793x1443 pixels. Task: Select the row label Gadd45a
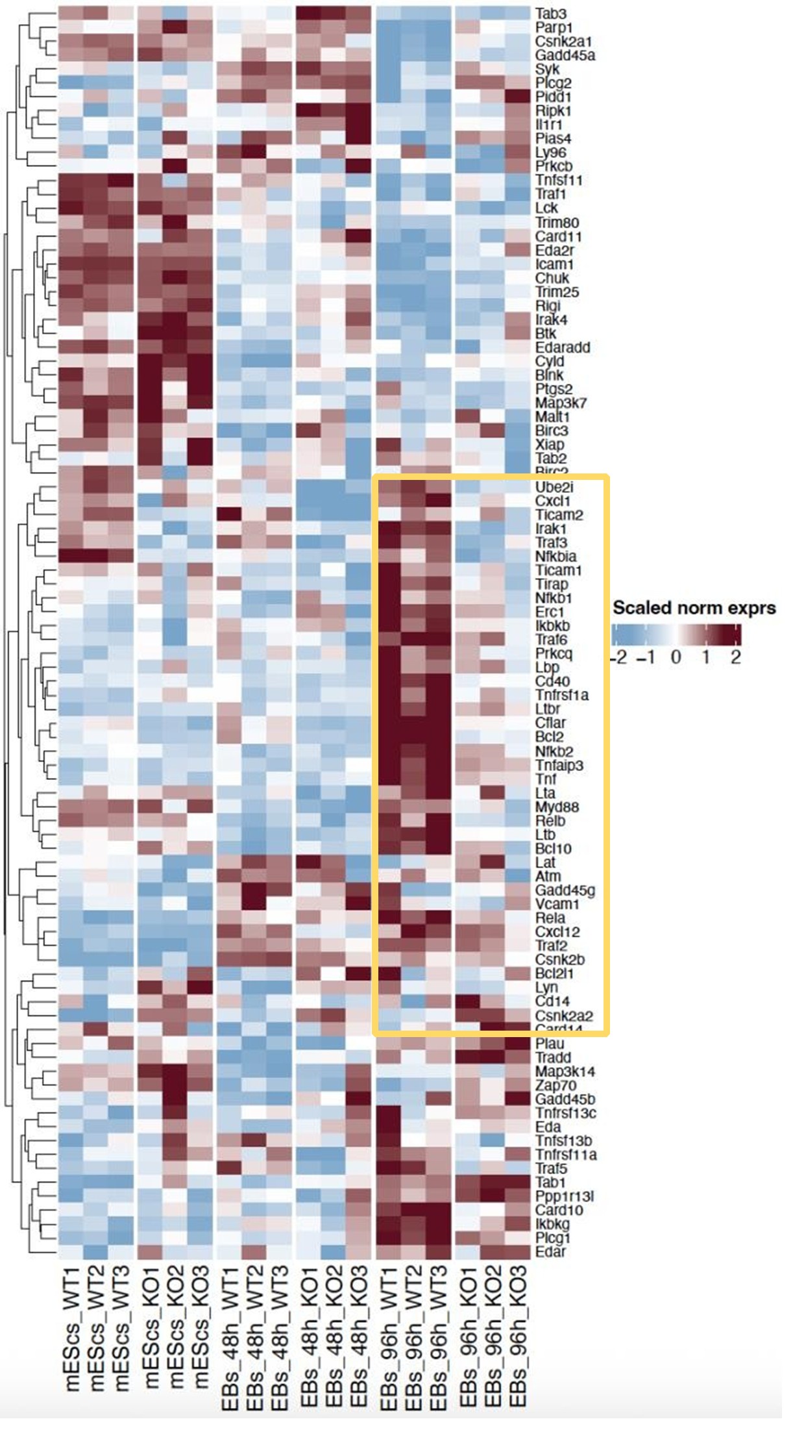(x=565, y=55)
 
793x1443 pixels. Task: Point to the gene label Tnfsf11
(x=559, y=180)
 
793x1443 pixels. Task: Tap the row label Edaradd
(x=563, y=347)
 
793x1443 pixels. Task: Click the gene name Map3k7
(x=561, y=403)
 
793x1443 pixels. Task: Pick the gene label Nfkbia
(x=555, y=557)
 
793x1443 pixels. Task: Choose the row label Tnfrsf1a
(x=562, y=695)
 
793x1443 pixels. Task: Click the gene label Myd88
(x=557, y=807)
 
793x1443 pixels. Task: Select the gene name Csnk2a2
(x=564, y=1016)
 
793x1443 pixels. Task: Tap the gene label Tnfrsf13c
(x=566, y=1113)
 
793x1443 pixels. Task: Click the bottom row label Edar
(x=550, y=1252)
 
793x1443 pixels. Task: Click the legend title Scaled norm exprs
(x=694, y=609)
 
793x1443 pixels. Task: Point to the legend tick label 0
(x=676, y=657)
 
